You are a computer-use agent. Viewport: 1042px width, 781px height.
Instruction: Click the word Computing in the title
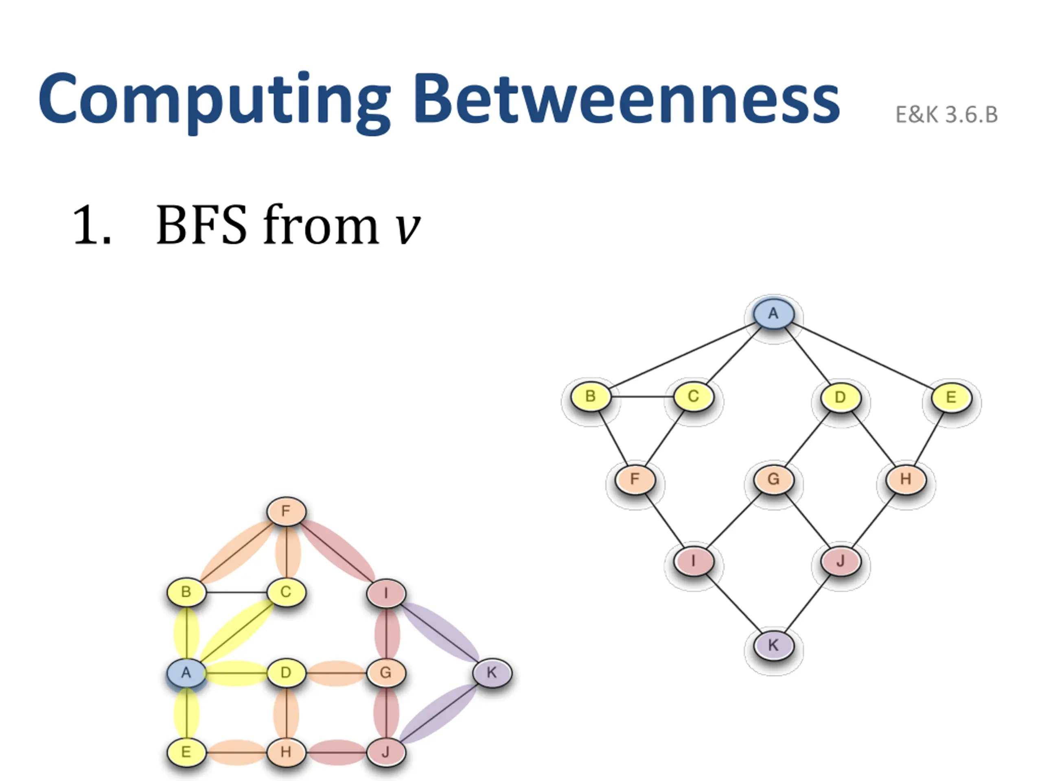pos(215,100)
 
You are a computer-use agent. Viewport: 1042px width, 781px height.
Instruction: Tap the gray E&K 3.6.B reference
pos(946,115)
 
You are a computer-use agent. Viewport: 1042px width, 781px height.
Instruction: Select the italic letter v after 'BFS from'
pos(407,226)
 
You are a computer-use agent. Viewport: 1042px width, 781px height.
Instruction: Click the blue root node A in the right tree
pos(773,314)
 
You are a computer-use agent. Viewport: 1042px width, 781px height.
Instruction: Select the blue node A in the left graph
pos(186,673)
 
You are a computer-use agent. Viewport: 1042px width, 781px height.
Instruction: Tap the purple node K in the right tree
pos(773,645)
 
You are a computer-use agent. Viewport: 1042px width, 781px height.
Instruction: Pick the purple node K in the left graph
pos(492,673)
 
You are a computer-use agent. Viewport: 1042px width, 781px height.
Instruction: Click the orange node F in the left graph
pos(286,511)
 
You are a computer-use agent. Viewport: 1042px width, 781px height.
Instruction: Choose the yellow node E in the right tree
pos(951,397)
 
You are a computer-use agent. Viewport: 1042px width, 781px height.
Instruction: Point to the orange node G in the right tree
pos(773,479)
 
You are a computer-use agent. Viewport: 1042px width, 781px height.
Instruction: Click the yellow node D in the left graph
pos(286,673)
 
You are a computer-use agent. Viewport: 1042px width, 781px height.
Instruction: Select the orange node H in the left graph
pos(286,752)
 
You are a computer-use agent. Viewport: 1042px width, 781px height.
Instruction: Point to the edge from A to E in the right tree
pos(862,356)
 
